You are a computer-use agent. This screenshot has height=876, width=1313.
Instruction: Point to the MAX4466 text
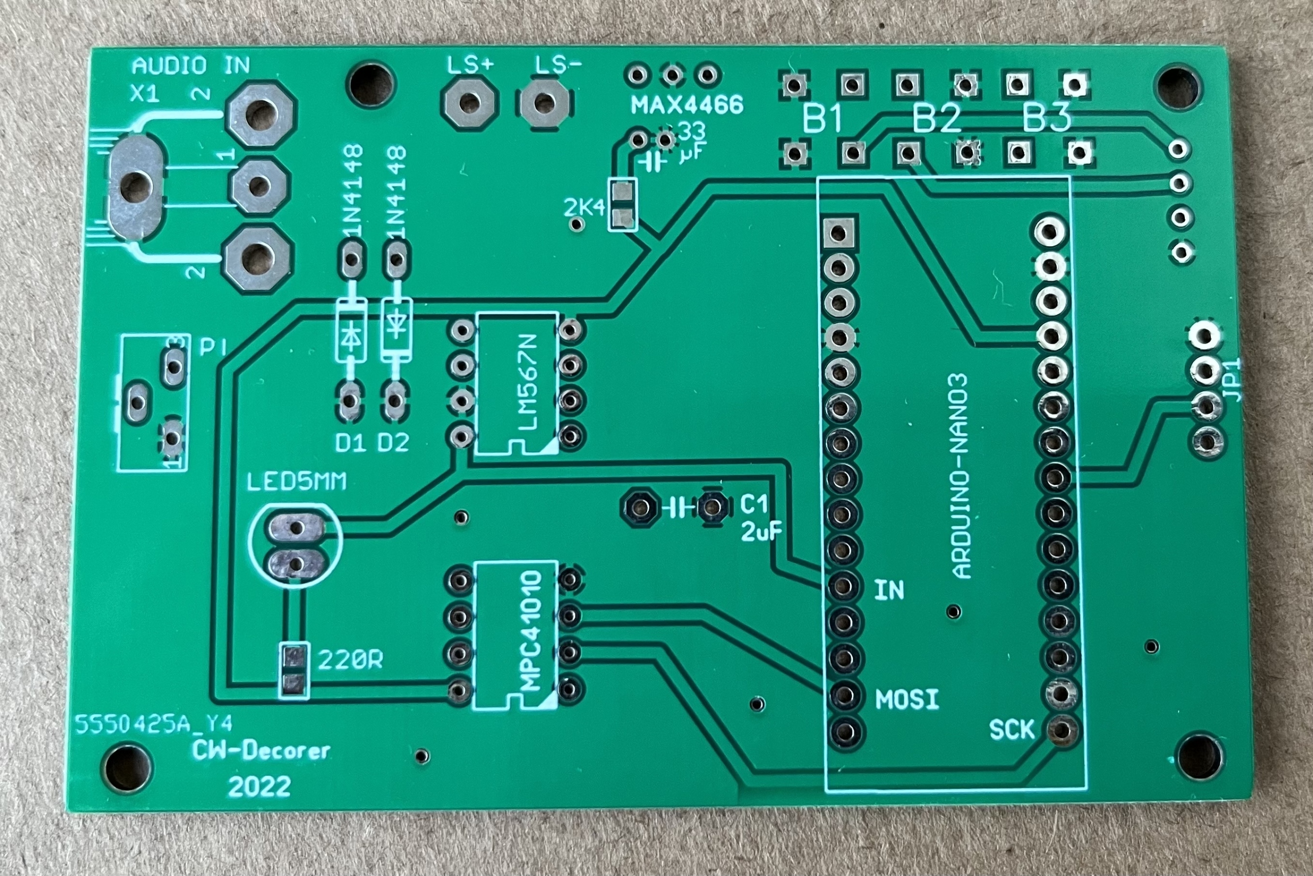[x=687, y=105]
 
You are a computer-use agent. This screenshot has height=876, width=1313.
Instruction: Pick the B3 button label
[x=1046, y=120]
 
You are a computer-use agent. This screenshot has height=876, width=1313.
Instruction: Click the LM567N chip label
[x=527, y=383]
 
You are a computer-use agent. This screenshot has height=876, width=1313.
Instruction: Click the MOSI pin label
[x=907, y=700]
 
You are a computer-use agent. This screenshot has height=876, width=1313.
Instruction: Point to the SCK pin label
[x=1011, y=730]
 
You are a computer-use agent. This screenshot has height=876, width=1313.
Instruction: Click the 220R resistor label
[x=351, y=661]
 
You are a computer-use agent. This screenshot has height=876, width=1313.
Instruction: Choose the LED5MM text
[x=296, y=482]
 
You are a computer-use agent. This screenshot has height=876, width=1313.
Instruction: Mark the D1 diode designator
[x=350, y=443]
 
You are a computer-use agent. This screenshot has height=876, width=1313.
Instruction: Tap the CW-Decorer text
[x=262, y=751]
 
